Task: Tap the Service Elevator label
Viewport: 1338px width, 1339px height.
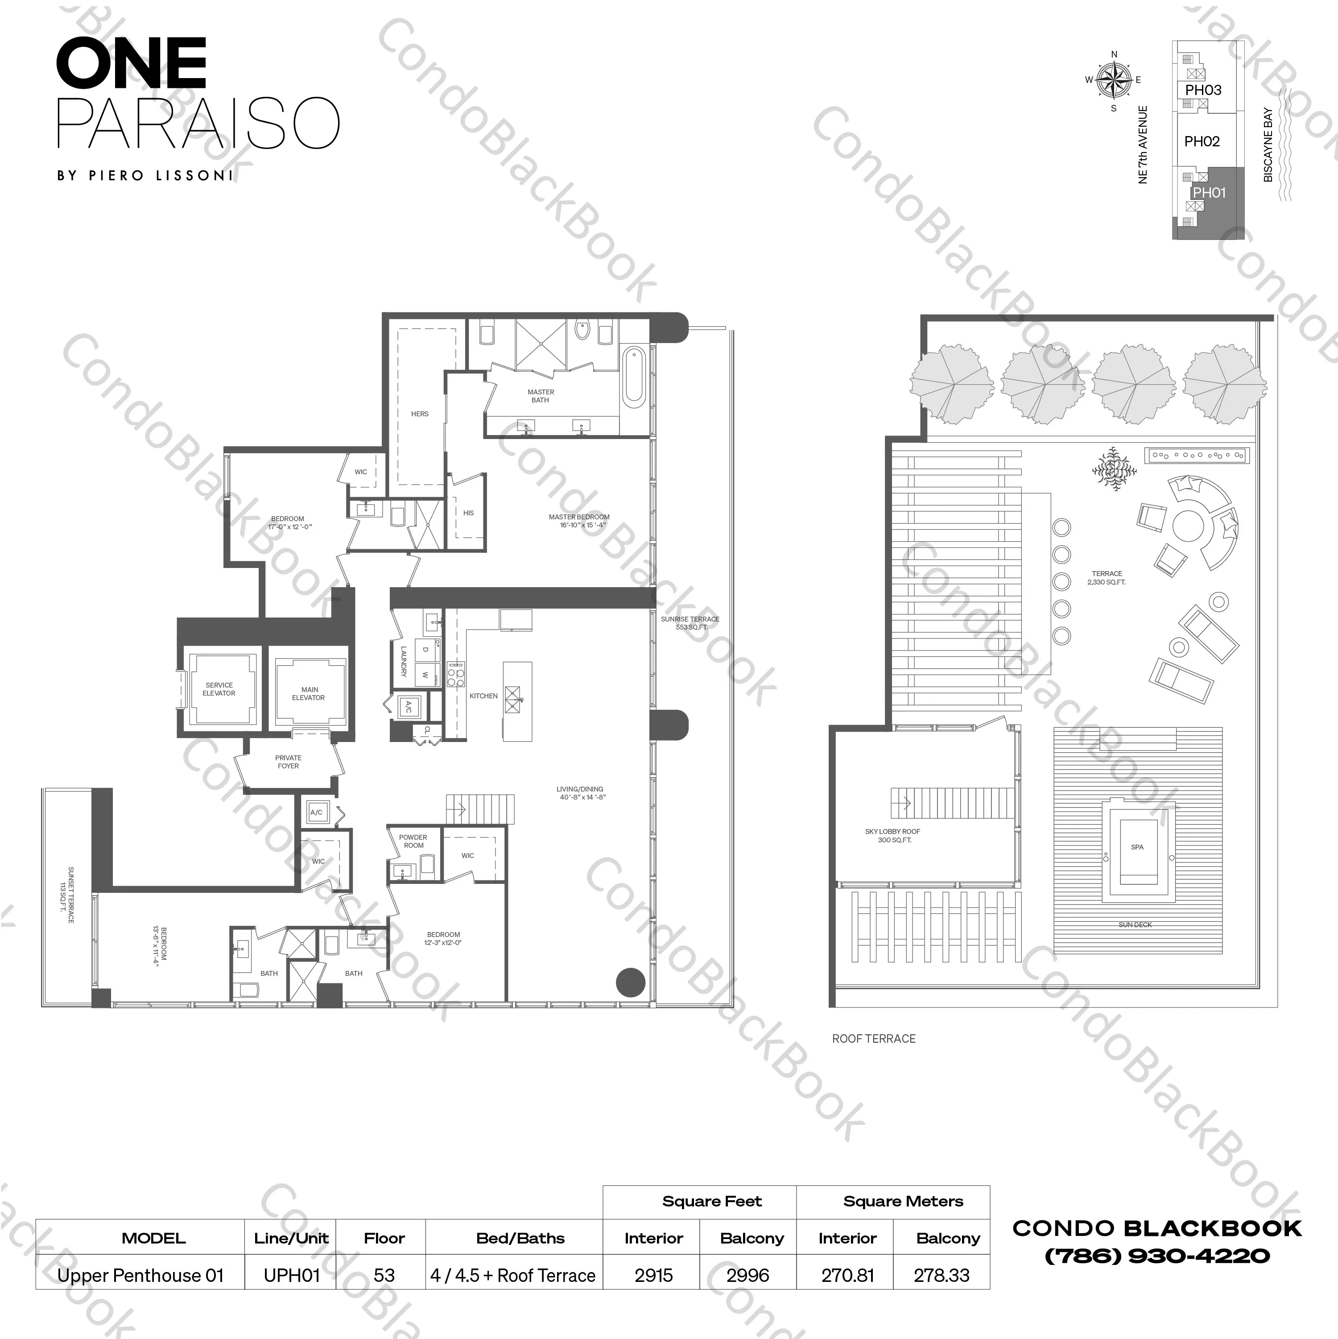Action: [219, 689]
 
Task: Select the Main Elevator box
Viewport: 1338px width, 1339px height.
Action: [308, 693]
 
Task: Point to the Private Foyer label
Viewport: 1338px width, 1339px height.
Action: [288, 762]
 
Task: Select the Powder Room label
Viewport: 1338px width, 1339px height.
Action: [413, 841]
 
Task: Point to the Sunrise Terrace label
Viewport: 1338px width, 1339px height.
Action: [690, 623]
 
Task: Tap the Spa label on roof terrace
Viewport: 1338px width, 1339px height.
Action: [1137, 847]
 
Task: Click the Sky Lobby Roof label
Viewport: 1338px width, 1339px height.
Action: [892, 835]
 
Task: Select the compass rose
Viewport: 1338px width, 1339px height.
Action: [1114, 80]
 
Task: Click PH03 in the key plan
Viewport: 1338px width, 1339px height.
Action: [1203, 90]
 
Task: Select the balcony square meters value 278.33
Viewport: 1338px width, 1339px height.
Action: [941, 1275]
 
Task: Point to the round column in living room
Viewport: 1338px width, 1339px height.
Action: [631, 981]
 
